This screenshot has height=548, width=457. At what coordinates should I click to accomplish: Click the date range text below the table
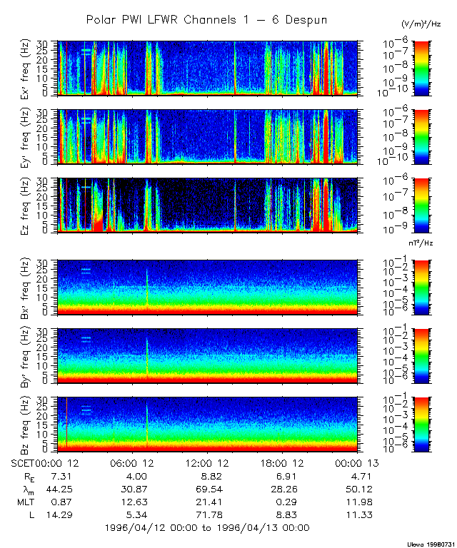(206, 528)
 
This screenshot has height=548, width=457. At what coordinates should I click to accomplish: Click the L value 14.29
(54, 515)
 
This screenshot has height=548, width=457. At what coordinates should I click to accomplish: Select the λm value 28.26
(280, 489)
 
